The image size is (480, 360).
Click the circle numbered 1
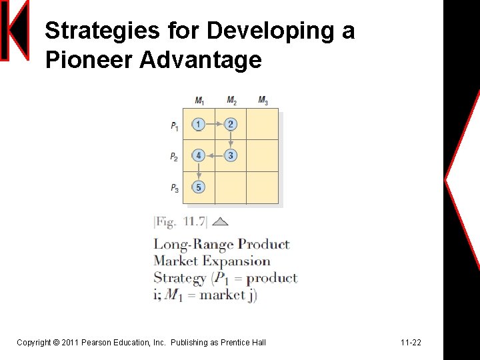click(x=198, y=124)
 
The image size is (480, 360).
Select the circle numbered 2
click(x=231, y=124)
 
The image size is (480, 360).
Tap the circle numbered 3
click(x=231, y=155)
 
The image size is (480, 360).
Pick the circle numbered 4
click(x=198, y=155)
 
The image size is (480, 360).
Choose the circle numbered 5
click(x=198, y=187)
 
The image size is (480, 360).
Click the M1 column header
click(x=199, y=101)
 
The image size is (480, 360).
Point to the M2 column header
click(x=231, y=101)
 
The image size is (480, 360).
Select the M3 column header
click(x=263, y=101)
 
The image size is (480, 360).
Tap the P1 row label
click(x=174, y=125)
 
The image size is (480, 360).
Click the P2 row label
click(x=174, y=157)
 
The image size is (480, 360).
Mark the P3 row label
click(x=174, y=189)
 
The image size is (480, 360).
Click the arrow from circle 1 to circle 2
click(x=214, y=124)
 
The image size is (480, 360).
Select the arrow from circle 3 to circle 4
click(x=214, y=155)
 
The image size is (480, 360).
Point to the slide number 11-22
click(x=411, y=343)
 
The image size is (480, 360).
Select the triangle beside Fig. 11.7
click(x=220, y=222)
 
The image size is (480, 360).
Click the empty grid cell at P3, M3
click(x=263, y=188)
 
